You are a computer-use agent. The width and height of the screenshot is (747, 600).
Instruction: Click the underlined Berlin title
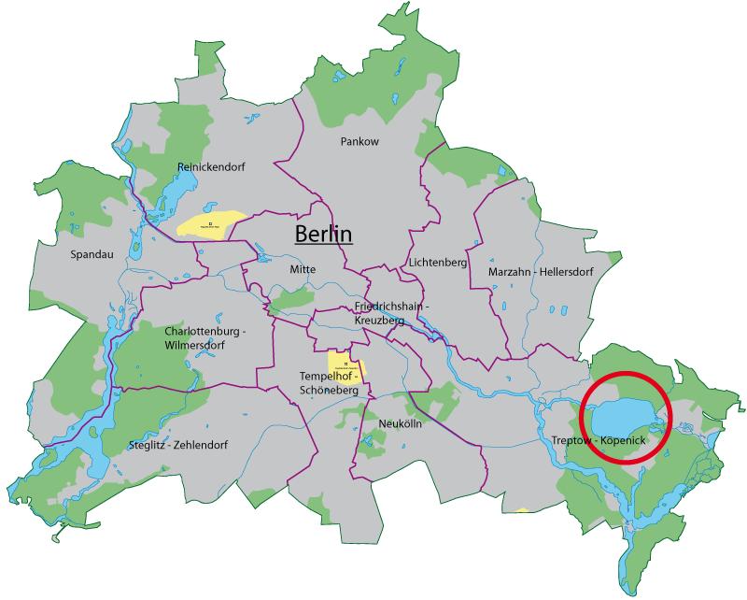(x=323, y=234)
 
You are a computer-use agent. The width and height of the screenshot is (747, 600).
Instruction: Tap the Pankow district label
(x=359, y=142)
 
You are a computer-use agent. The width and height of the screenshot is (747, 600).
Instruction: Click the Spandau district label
(x=91, y=253)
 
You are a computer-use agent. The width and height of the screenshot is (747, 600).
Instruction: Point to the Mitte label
(x=303, y=268)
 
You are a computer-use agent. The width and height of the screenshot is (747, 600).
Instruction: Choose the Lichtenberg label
(x=437, y=263)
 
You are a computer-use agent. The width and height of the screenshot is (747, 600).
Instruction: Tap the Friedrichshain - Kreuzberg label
(x=391, y=313)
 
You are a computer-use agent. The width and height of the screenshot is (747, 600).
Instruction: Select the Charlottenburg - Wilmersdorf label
(x=204, y=338)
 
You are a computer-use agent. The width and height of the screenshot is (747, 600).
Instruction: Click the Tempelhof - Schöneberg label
(x=330, y=382)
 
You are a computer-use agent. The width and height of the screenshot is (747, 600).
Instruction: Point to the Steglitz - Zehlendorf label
(x=178, y=445)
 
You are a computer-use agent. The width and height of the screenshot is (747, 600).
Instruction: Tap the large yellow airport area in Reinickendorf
(x=211, y=224)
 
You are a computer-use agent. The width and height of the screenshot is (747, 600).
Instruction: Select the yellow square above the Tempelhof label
(x=345, y=363)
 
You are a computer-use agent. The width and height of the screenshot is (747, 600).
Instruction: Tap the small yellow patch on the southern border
(x=523, y=511)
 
